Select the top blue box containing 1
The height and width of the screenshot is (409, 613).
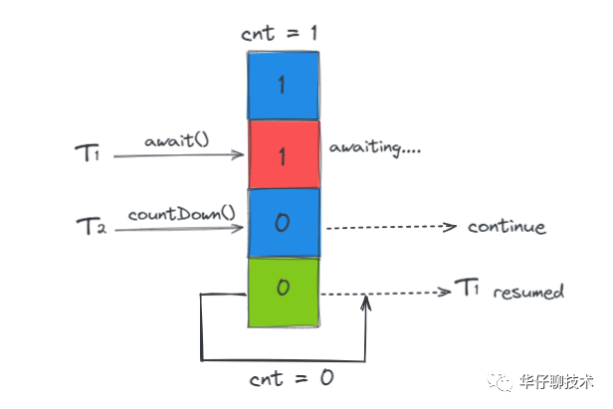[284, 86]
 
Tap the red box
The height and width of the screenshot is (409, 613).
[284, 154]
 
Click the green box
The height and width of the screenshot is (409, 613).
[284, 291]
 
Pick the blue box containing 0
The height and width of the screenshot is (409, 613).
[284, 222]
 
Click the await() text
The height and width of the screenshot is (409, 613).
[175, 140]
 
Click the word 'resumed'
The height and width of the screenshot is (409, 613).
[528, 293]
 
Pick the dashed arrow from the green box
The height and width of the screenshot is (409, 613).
[383, 293]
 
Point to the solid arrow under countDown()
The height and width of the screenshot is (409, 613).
[179, 229]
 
